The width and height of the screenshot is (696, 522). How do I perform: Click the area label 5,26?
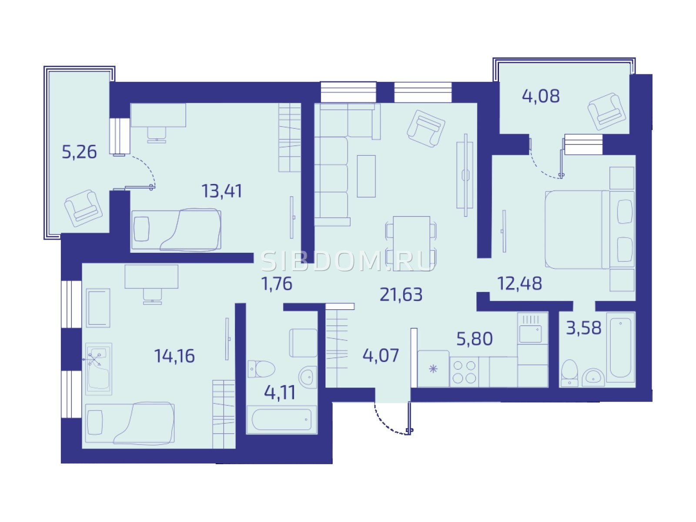click(79, 152)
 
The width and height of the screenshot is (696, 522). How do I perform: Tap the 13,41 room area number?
click(222, 191)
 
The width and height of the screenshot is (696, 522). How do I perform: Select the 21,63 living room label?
click(401, 295)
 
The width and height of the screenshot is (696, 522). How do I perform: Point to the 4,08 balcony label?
click(541, 96)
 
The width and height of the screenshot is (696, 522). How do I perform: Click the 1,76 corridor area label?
click(277, 284)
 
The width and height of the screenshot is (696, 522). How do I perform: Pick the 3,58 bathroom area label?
click(583, 328)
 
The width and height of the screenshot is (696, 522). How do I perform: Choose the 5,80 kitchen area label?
click(474, 338)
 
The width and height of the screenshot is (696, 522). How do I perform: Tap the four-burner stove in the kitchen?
click(464, 372)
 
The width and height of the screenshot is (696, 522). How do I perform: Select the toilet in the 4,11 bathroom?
click(261, 369)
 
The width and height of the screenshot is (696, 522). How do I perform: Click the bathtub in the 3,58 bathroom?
click(621, 348)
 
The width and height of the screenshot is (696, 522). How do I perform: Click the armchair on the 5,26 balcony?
click(84, 208)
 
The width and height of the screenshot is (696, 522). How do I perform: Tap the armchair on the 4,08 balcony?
click(606, 111)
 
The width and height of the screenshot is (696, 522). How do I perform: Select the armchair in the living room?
click(426, 128)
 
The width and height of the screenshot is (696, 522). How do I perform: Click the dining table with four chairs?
click(411, 244)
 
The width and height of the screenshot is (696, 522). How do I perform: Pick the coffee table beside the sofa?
click(366, 176)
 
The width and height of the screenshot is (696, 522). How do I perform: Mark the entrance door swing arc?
click(389, 422)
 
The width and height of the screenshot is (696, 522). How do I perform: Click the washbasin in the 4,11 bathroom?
click(308, 377)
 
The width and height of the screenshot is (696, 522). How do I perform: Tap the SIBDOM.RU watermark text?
click(348, 261)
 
